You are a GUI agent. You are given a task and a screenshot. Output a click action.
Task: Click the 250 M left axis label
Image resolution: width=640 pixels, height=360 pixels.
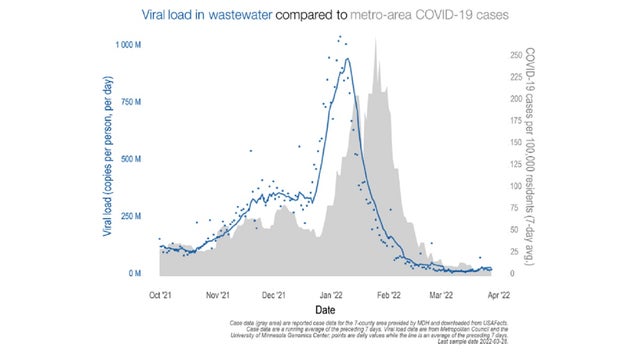(132, 216)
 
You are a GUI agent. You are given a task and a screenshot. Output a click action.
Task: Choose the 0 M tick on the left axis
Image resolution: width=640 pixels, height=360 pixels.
(138, 273)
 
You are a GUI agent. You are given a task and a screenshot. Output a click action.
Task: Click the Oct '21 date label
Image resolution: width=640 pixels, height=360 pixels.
(161, 295)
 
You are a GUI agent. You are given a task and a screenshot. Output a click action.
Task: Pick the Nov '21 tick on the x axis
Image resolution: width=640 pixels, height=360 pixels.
(218, 295)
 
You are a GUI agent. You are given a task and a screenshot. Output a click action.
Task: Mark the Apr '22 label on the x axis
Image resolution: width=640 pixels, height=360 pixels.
(493, 295)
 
